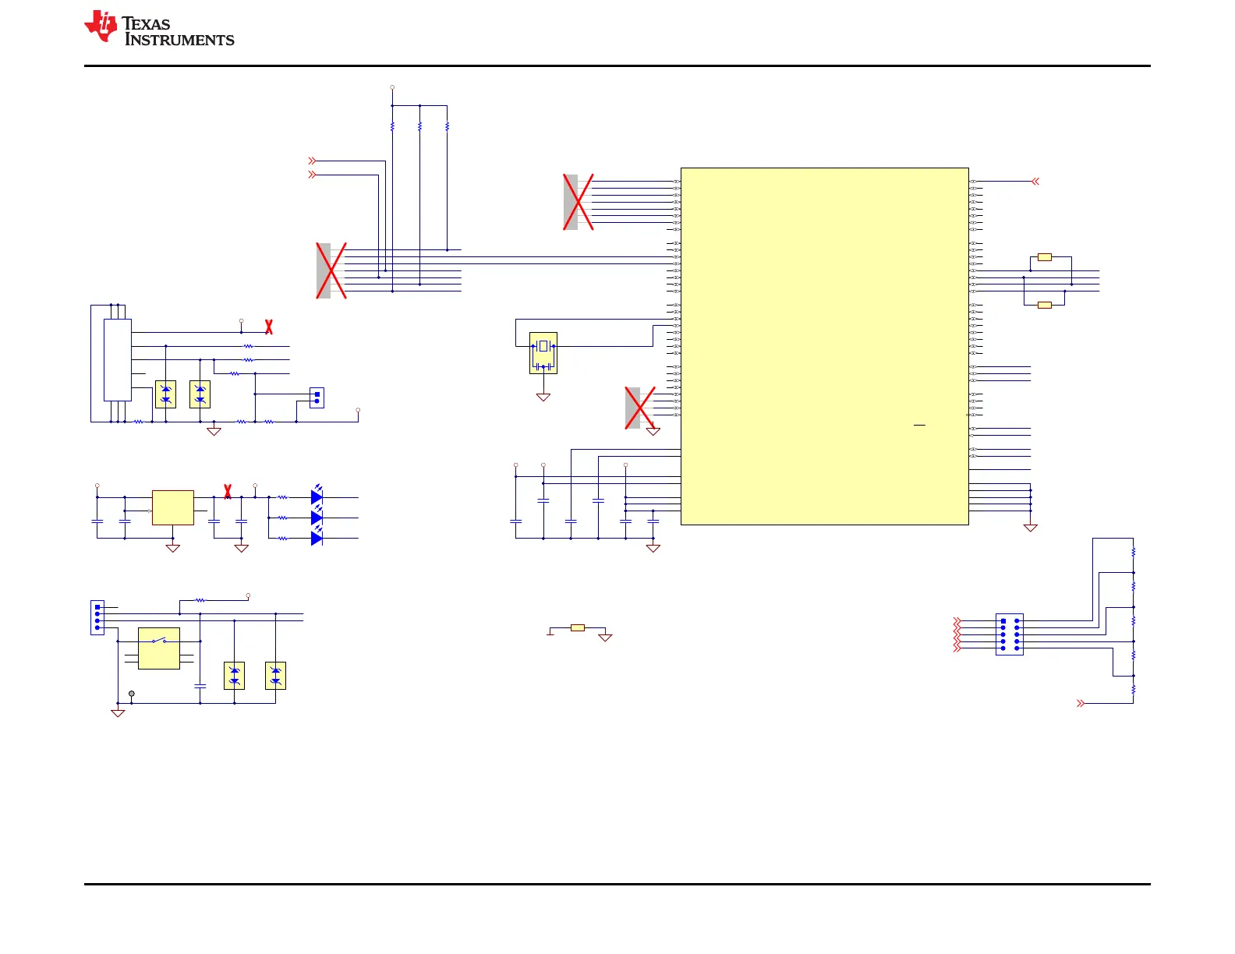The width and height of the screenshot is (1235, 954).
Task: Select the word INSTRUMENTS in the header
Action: coord(179,41)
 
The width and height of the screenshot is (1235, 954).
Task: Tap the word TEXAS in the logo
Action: coord(147,24)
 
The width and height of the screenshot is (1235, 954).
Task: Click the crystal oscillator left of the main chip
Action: coord(543,353)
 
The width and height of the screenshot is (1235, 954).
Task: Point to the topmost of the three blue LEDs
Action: coord(317,496)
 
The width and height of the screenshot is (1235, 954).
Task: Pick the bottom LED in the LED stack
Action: coord(317,539)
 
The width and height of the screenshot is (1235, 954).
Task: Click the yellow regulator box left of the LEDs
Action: coord(173,507)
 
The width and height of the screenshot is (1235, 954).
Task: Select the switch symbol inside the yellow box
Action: coord(159,641)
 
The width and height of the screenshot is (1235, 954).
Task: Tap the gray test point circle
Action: coord(132,693)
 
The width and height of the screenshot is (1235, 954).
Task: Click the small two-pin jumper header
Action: coord(317,397)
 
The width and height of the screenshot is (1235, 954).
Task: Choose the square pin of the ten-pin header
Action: coord(1003,621)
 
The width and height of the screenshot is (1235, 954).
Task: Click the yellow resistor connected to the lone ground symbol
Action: coord(578,627)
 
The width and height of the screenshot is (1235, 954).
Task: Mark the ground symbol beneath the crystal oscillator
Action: coord(543,397)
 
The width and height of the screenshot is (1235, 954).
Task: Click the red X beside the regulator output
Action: coord(228,491)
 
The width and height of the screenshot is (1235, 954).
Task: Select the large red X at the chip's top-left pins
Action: coord(579,202)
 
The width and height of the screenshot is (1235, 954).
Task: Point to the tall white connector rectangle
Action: coord(118,359)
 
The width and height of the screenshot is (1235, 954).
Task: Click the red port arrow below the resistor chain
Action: coord(1081,703)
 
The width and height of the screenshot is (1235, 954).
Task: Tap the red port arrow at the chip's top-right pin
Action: coord(1035,182)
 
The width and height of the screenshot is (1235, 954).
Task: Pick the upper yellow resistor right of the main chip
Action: coord(1045,257)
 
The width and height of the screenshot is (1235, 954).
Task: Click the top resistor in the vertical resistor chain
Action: coord(1133,552)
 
